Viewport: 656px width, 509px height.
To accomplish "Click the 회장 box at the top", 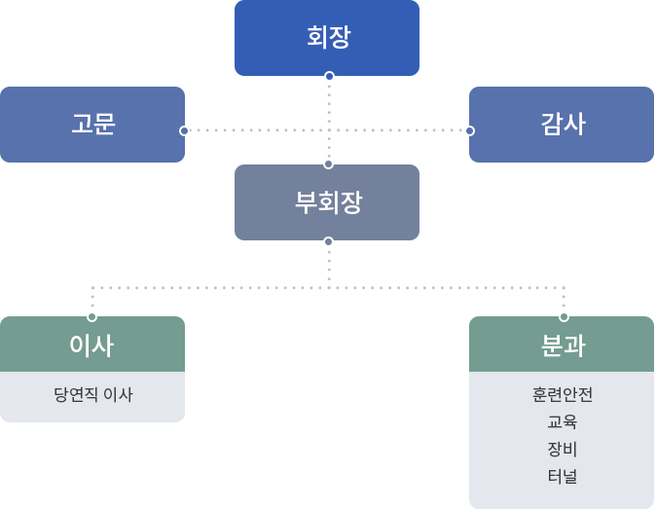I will pyautogui.click(x=327, y=37).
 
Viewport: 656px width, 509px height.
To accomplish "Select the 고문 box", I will pyautogui.click(x=92, y=125).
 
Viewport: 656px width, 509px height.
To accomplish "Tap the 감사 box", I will pyautogui.click(x=562, y=125).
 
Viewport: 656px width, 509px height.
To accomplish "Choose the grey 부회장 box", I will pyautogui.click(x=327, y=202).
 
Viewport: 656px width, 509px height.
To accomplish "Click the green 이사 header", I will pyautogui.click(x=92, y=345).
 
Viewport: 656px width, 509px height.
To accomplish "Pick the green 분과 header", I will pyautogui.click(x=562, y=345).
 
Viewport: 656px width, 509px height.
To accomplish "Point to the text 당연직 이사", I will pyautogui.click(x=92, y=395).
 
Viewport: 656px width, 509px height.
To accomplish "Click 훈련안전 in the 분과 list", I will pyautogui.click(x=562, y=395).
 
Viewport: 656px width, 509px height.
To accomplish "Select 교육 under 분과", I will pyautogui.click(x=562, y=422).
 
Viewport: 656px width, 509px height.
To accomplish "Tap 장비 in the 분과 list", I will pyautogui.click(x=562, y=450).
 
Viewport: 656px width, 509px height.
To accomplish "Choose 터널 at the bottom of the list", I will pyautogui.click(x=562, y=477).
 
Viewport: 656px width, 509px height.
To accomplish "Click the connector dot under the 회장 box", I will pyautogui.click(x=329, y=76).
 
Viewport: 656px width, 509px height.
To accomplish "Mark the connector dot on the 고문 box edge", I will pyautogui.click(x=184, y=130).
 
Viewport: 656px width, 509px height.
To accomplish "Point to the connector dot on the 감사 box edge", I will pyautogui.click(x=469, y=130).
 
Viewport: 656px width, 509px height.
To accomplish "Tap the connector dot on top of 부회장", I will pyautogui.click(x=329, y=164).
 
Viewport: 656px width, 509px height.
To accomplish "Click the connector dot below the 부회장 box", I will pyautogui.click(x=329, y=241).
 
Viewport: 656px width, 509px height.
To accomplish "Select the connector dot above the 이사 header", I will pyautogui.click(x=92, y=316).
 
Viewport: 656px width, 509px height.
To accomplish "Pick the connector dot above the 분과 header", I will pyautogui.click(x=564, y=316).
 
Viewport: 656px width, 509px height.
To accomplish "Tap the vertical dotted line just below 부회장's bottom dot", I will pyautogui.click(x=329, y=263).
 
